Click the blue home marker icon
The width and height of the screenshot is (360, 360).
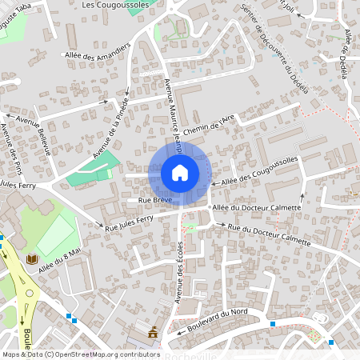[x=180, y=173]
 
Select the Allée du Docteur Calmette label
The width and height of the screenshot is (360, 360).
[x=257, y=208]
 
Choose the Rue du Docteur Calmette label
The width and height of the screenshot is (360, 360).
[x=269, y=234]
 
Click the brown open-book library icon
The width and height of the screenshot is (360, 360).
[x=33, y=260]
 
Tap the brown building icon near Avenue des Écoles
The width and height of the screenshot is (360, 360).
[x=153, y=331]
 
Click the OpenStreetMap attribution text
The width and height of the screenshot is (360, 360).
[x=80, y=354]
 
